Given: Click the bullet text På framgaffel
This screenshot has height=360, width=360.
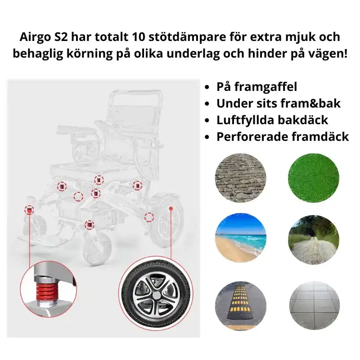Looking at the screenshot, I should (256, 87).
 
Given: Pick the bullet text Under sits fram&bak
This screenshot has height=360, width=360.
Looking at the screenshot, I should (279, 103).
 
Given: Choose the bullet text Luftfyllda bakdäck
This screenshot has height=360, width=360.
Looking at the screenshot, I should (272, 120).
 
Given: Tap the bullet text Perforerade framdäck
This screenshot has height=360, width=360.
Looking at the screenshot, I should (283, 137).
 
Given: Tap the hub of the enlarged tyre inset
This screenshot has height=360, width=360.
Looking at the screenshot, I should (155, 295).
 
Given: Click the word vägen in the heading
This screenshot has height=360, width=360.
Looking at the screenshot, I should (330, 53).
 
